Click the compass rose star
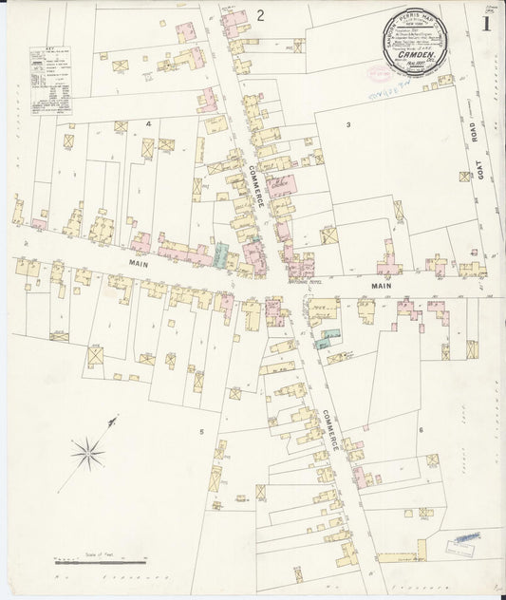(89, 453)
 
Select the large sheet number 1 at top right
(486, 22)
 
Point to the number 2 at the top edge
(259, 14)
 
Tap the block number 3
(348, 125)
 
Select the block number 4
(148, 124)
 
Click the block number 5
(201, 432)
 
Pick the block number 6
(420, 430)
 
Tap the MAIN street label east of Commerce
(382, 285)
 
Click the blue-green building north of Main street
(222, 254)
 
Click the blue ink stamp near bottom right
(464, 537)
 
